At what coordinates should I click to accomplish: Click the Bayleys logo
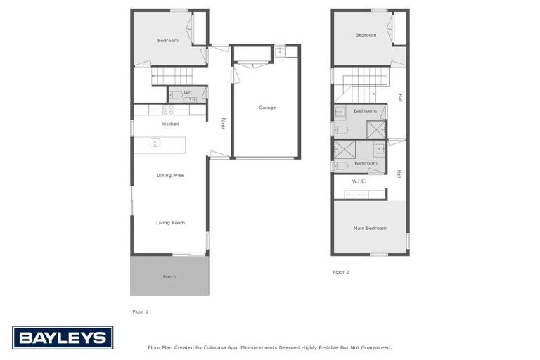(63, 337)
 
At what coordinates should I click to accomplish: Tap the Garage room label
(267, 108)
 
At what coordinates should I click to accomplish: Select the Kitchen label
(170, 124)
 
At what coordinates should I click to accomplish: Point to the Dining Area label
(170, 175)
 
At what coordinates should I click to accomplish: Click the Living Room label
(170, 223)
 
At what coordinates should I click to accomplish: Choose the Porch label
(169, 276)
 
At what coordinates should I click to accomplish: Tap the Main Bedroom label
(369, 228)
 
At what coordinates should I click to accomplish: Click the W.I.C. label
(359, 181)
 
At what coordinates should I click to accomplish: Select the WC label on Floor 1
(188, 92)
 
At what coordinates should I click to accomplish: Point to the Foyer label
(223, 123)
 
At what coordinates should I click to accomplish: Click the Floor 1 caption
(141, 311)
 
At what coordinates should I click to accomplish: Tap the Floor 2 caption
(341, 271)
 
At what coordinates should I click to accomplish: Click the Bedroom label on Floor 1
(168, 41)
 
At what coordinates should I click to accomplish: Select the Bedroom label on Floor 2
(366, 34)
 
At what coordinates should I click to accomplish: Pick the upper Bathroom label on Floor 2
(365, 110)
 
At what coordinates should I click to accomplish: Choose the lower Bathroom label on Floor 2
(366, 163)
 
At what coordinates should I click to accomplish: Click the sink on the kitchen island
(155, 144)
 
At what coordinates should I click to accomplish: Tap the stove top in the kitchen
(169, 110)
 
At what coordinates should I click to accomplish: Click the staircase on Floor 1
(172, 75)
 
